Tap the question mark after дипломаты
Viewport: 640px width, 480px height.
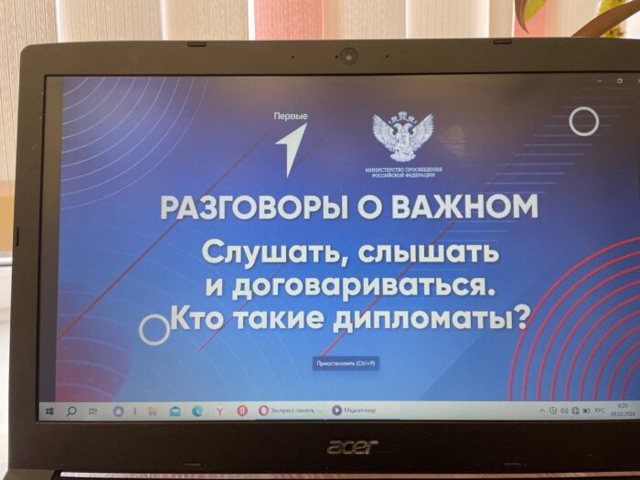point(521,319)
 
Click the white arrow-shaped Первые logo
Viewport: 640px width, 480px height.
point(293,149)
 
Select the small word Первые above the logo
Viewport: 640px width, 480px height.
point(291,115)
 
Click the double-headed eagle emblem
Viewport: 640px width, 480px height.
point(403,136)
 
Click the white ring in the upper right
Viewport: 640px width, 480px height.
point(583,121)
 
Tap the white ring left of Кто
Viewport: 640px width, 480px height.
point(155,329)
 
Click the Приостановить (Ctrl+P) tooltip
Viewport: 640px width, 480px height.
point(346,363)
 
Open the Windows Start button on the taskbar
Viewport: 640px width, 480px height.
point(49,411)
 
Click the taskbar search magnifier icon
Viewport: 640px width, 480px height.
point(71,411)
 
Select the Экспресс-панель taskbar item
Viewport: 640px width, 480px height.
point(291,411)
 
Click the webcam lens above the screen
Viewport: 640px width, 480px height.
point(348,56)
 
